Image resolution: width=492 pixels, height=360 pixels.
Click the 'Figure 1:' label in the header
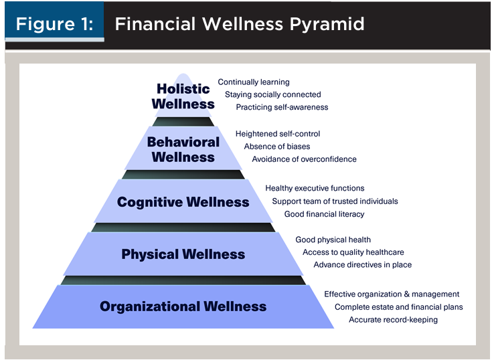point(55,24)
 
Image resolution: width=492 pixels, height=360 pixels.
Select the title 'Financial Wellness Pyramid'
point(240,25)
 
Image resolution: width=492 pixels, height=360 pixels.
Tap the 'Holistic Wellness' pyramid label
point(183,96)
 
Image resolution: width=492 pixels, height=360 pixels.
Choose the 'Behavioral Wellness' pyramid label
point(183,150)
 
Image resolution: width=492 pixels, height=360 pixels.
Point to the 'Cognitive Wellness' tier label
point(183,202)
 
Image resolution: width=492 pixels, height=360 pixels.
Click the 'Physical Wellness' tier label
point(183,254)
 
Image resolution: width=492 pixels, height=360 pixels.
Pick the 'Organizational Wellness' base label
point(183,306)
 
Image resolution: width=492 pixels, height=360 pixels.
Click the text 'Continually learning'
point(254,82)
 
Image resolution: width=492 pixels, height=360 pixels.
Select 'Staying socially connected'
point(273,95)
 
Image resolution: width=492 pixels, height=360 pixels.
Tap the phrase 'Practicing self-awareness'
point(282,107)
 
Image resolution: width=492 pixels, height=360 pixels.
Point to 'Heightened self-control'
point(278,134)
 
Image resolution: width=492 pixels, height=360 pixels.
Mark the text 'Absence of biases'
point(277,147)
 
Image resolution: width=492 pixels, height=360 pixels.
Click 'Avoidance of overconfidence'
point(304,159)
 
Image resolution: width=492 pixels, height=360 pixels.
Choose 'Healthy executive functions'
point(315,188)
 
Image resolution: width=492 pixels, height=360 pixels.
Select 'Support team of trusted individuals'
point(335,201)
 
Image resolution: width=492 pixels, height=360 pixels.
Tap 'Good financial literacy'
point(324,214)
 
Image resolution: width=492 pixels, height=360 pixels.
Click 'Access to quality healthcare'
point(353,252)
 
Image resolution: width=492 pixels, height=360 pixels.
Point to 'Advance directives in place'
point(362,265)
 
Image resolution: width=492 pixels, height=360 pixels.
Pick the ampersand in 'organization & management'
point(407,294)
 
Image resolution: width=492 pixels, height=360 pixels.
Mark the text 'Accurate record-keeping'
point(393,320)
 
